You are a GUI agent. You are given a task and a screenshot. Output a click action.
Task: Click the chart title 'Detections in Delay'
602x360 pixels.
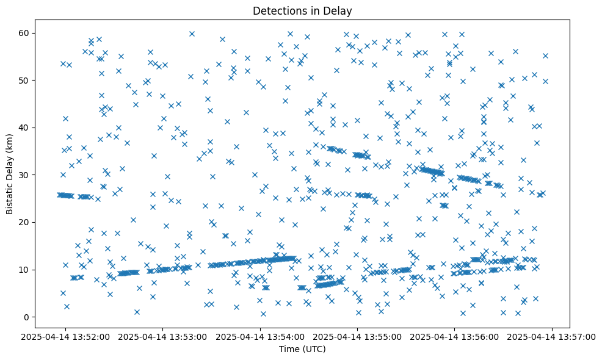click(302, 10)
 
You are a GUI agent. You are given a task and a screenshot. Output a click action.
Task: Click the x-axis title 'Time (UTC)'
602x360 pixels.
click(302, 349)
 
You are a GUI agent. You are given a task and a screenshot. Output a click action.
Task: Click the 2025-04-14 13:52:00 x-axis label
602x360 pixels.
click(66, 336)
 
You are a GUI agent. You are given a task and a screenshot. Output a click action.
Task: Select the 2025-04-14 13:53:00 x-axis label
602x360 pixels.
click(163, 336)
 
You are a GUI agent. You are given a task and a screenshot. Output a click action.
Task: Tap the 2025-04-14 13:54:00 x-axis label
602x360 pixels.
click(261, 336)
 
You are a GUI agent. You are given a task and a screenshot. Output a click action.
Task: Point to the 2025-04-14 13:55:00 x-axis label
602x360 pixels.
click(358, 336)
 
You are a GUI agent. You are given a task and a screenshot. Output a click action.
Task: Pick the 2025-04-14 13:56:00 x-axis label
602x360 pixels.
click(455, 336)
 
